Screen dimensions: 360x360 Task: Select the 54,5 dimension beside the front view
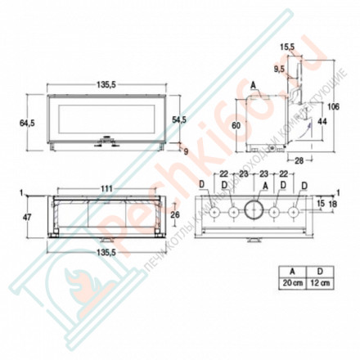point(178,119)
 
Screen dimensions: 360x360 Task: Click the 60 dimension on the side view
point(235,125)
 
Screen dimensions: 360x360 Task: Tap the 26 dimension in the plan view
point(174,215)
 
